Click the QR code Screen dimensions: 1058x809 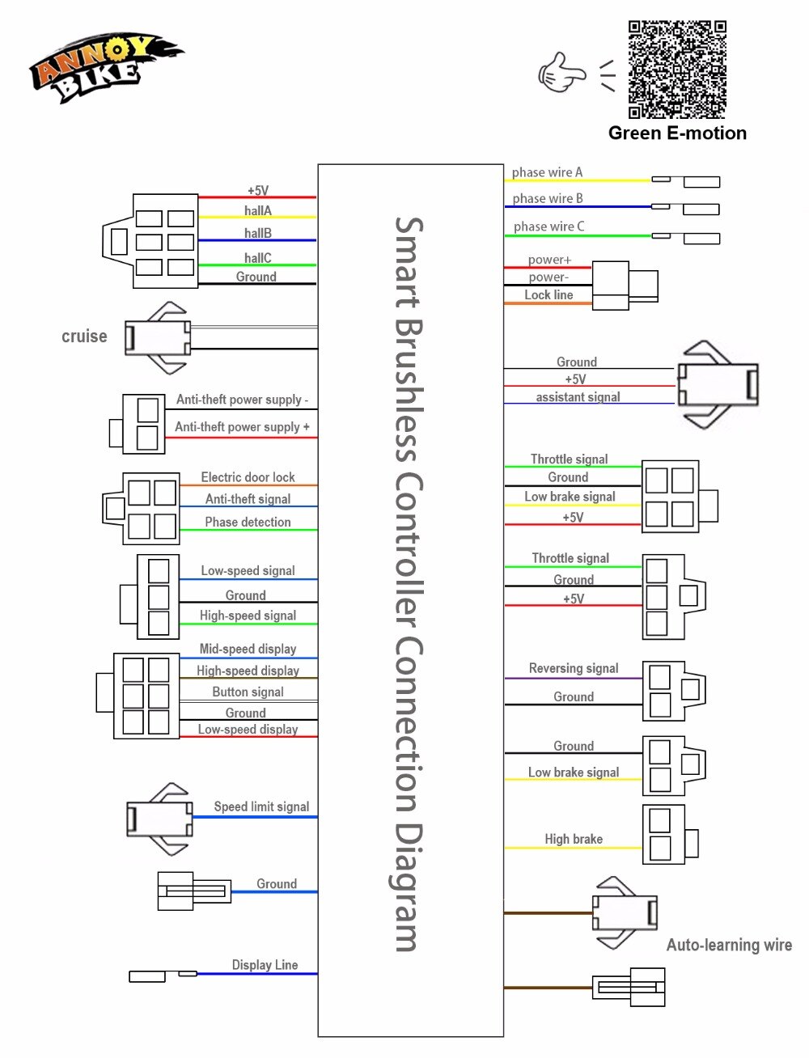click(x=677, y=70)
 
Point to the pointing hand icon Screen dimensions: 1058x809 click(x=561, y=73)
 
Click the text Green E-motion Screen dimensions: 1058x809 click(x=677, y=133)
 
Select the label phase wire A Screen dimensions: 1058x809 click(x=547, y=172)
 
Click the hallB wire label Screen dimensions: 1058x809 click(x=258, y=233)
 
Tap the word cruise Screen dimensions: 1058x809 click(x=84, y=336)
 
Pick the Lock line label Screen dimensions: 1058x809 click(x=549, y=295)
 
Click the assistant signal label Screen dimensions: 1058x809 click(x=578, y=397)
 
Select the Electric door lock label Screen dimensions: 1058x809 click(x=248, y=477)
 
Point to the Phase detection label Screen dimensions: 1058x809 click(x=248, y=523)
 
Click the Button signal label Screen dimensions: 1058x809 click(x=248, y=692)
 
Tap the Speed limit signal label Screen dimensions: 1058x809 click(x=261, y=806)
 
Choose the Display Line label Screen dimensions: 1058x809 click(x=265, y=965)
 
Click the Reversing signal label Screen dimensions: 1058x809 click(x=574, y=668)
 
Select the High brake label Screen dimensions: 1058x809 click(x=574, y=840)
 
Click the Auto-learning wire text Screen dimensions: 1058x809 click(x=729, y=945)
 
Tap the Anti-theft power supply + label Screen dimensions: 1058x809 click(x=242, y=427)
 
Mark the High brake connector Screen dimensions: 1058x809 click(x=668, y=833)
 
